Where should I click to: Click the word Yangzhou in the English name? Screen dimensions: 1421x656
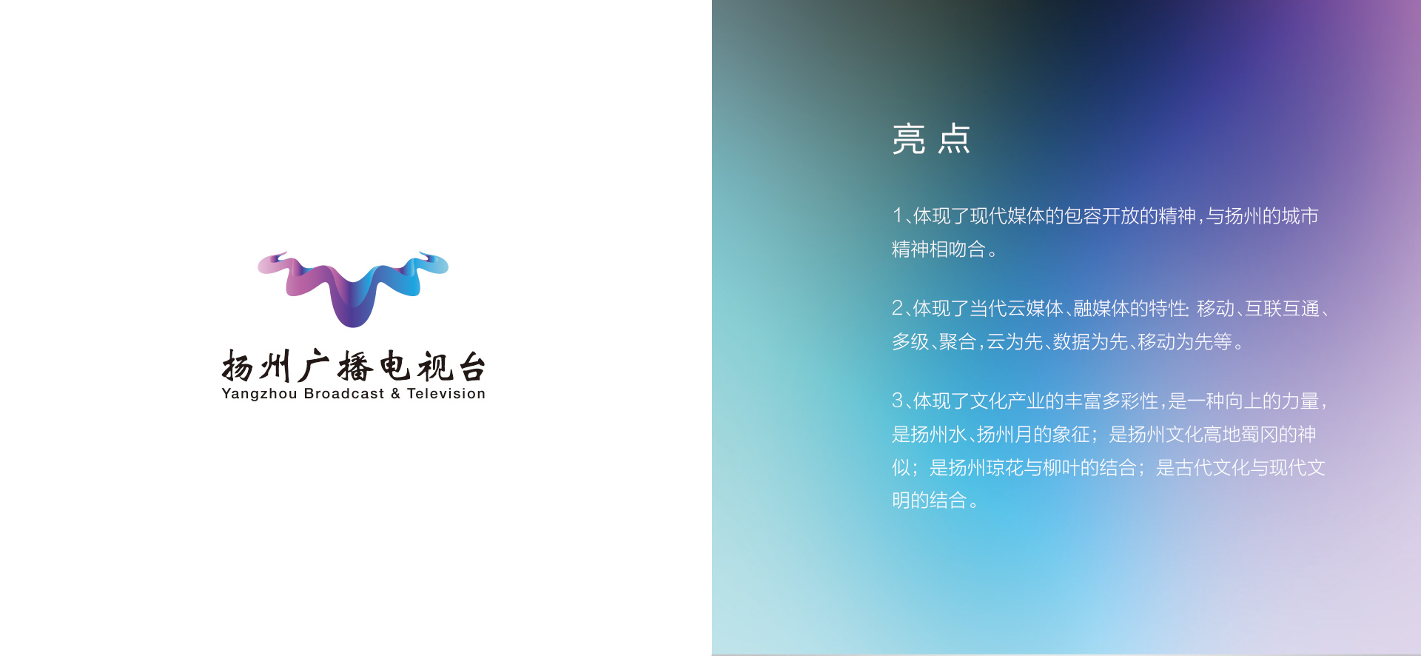coord(259,395)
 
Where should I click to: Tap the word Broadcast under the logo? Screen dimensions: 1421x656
coord(344,394)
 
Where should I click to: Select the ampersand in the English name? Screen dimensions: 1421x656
coord(396,394)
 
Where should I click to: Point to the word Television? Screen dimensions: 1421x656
coord(446,394)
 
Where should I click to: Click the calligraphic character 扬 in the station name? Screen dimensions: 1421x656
coord(238,366)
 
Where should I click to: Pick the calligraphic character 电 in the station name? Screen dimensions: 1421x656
coord(394,366)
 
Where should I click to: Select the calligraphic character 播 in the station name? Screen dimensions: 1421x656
coord(355,367)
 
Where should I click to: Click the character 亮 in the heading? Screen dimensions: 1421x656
coord(909,138)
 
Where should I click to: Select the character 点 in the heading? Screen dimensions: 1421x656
coord(954,138)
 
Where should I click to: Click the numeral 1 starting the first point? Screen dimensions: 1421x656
coord(898,215)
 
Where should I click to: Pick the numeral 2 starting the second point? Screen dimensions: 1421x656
coord(898,308)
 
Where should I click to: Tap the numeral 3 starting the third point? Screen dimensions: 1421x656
coord(898,401)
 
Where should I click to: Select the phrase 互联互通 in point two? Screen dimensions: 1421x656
coord(1282,308)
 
